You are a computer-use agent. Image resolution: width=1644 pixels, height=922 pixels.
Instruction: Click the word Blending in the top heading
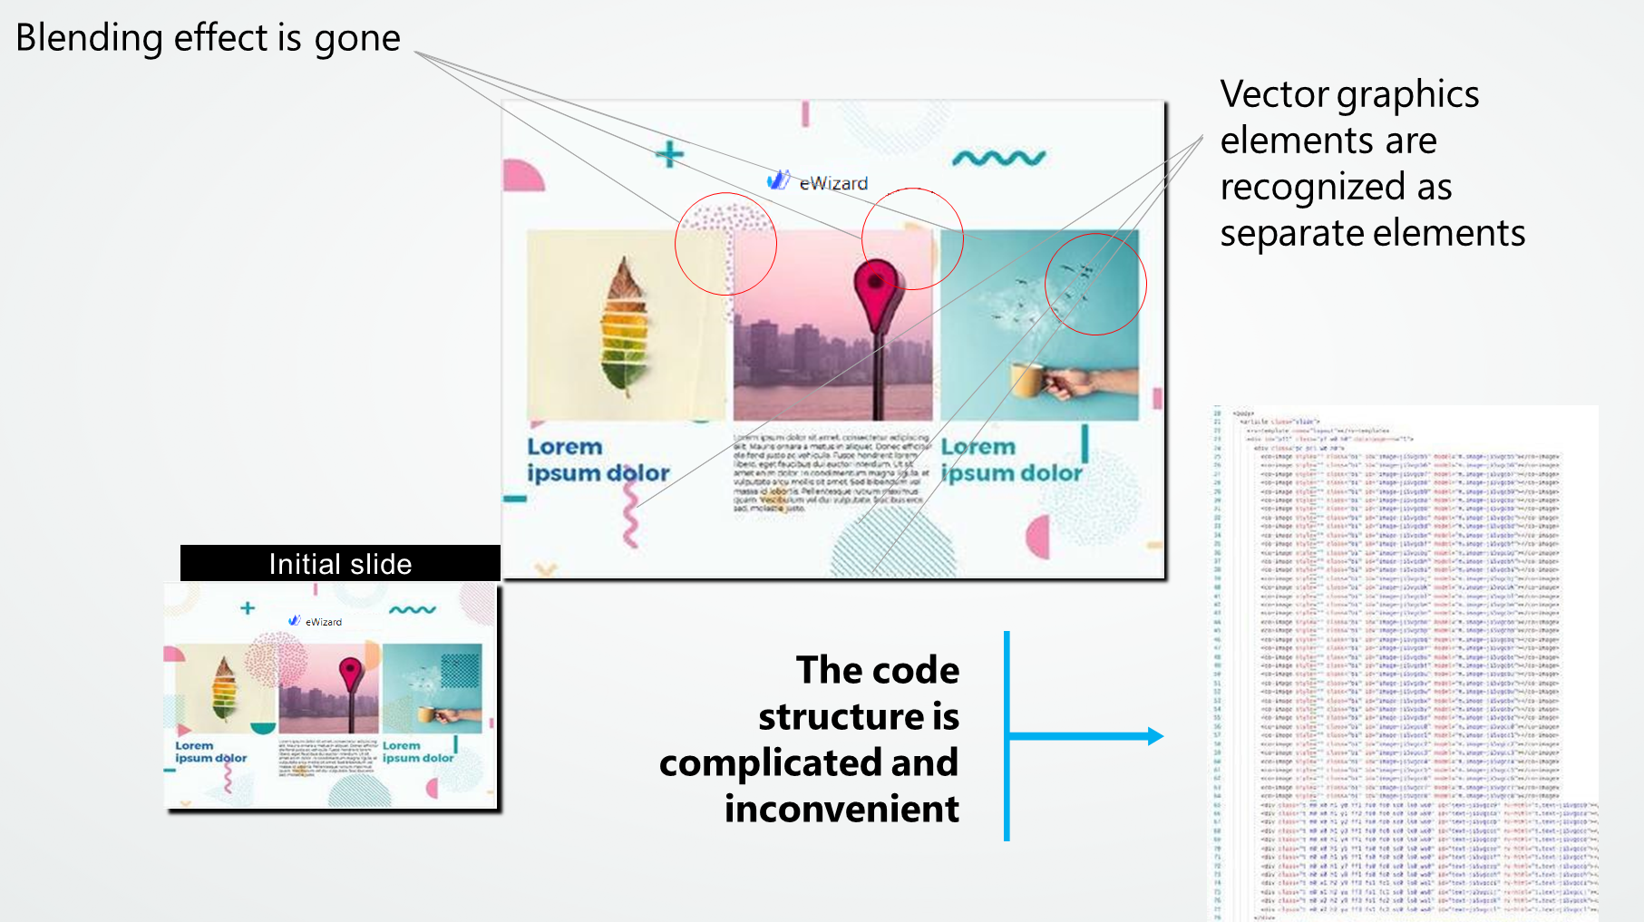coord(89,39)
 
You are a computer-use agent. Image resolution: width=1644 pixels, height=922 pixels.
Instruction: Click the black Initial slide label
coord(340,564)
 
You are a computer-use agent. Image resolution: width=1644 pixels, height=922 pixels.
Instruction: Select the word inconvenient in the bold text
coord(841,809)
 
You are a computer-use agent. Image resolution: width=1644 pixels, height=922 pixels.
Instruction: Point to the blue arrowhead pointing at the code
coord(1154,736)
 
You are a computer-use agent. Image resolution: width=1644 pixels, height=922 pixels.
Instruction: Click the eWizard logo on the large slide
coord(819,182)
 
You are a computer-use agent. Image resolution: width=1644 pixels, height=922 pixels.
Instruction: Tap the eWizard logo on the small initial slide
coord(316,622)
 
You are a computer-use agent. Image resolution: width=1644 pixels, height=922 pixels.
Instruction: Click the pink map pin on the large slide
coord(876,287)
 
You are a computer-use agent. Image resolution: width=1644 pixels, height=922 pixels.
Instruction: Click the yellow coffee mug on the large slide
coord(1027,379)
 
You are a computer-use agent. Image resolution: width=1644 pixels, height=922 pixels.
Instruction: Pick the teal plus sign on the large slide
coord(669,154)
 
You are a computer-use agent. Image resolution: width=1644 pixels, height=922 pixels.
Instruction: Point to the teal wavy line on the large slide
coord(998,159)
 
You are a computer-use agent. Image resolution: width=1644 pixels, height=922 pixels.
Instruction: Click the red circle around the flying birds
coord(1095,284)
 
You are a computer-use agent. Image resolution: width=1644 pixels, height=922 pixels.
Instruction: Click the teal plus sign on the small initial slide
coord(248,608)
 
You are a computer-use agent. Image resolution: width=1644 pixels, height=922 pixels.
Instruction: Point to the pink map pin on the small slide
coord(350,675)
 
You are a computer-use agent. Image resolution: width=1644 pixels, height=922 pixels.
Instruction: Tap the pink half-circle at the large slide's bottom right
coord(1039,537)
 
